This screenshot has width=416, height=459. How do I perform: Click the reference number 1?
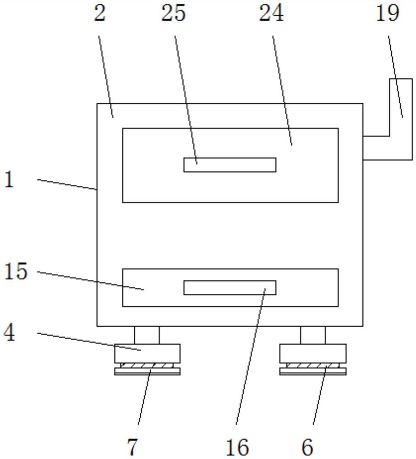[x=9, y=179]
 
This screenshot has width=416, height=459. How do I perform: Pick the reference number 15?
[x=16, y=272]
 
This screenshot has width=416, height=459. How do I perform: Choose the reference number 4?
[x=9, y=333]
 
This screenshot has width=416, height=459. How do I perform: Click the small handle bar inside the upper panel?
[x=230, y=165]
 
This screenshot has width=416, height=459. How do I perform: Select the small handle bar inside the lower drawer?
[x=230, y=287]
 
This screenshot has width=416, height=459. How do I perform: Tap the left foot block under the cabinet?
[x=147, y=353]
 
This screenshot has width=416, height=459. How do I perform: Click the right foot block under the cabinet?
[x=312, y=353]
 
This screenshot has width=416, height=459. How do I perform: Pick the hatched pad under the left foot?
[x=147, y=365]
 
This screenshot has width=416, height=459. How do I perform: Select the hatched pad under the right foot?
[x=312, y=365]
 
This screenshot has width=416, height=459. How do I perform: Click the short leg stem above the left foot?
[x=147, y=335]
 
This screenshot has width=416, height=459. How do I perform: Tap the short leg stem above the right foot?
[x=313, y=335]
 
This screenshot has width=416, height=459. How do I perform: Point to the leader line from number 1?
[x=67, y=184]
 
